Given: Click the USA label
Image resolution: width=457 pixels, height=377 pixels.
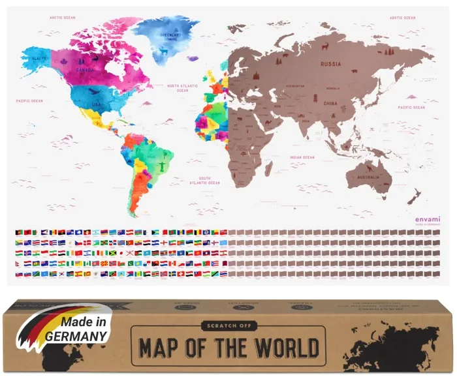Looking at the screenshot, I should (96, 105).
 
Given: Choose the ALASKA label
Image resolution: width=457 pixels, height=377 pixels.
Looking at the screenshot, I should (37, 57).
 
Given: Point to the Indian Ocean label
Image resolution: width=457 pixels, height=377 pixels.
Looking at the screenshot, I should (302, 157).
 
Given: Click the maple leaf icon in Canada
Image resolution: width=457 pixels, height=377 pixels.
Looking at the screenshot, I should (65, 63).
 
